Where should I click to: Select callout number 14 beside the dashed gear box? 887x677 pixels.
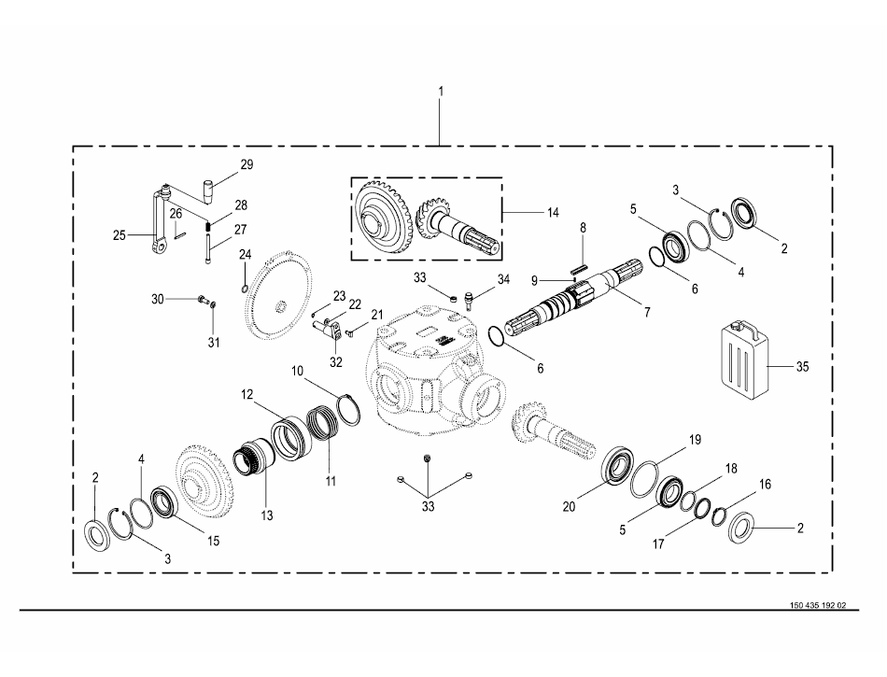[553, 212]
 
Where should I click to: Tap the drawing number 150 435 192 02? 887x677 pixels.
[818, 605]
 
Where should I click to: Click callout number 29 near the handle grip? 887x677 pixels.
[246, 164]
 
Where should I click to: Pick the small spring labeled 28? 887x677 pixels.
[207, 226]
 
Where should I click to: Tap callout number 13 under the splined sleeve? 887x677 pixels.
[266, 515]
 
